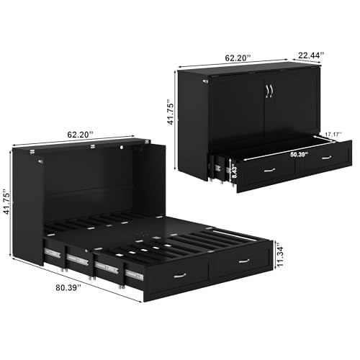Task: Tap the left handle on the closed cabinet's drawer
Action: pos(270,170)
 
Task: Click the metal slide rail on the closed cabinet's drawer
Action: pos(217,168)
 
